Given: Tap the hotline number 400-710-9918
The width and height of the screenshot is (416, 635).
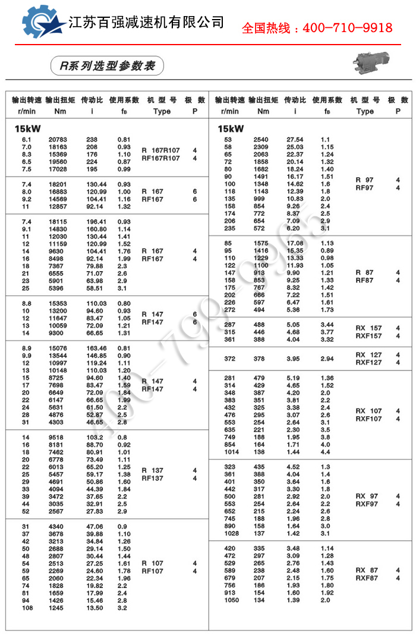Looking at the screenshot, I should click(x=317, y=28).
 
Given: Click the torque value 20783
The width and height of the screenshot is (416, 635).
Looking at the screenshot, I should click(x=58, y=140).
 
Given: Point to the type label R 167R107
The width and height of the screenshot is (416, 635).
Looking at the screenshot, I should click(x=160, y=150).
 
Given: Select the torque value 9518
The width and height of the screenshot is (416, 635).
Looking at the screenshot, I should click(x=58, y=436).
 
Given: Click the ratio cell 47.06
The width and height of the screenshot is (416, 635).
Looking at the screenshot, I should click(x=95, y=526).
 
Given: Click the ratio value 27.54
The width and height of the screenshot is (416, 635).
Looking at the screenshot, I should click(x=295, y=140).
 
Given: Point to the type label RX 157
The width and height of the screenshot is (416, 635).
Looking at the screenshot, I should click(x=368, y=328).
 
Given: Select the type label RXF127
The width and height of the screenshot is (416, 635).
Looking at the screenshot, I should click(x=368, y=362).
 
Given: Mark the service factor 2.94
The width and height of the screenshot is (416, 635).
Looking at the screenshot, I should click(x=327, y=359).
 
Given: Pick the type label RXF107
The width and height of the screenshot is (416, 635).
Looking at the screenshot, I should click(x=368, y=419).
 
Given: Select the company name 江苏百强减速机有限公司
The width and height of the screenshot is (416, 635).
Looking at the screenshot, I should click(x=147, y=23).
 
